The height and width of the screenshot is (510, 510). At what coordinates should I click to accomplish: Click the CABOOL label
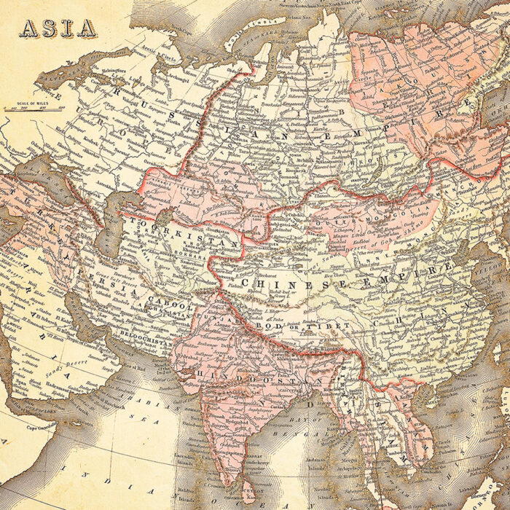(168, 307)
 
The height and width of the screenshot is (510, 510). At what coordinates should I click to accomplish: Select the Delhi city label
(241, 338)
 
